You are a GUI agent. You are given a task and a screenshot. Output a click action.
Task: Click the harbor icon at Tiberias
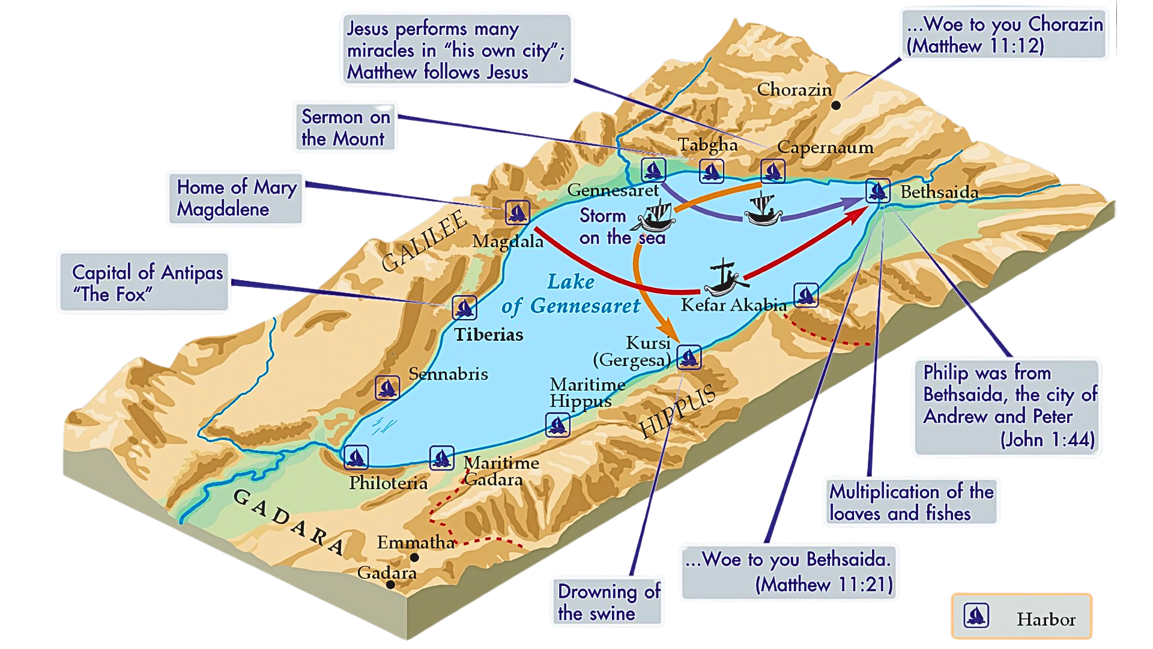[x=464, y=308]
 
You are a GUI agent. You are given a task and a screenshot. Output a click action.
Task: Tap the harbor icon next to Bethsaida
[x=878, y=191]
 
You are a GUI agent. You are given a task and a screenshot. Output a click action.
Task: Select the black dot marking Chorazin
[x=836, y=105]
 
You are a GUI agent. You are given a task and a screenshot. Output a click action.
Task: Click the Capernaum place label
[x=825, y=147]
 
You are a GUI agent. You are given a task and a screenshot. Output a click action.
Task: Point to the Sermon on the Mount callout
[x=345, y=127]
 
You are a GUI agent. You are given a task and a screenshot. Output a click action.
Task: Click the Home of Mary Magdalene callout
[x=236, y=198]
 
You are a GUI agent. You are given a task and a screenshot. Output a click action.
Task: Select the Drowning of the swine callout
[x=608, y=602]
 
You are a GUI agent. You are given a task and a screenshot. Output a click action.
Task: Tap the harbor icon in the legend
[x=976, y=617]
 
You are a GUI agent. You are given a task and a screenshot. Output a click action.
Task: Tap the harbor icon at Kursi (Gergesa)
[x=689, y=357]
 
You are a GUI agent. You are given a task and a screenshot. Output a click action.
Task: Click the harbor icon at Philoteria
[x=356, y=457]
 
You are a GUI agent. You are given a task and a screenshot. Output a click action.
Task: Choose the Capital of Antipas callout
[x=145, y=282]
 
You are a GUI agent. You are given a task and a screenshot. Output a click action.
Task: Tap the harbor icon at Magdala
[x=517, y=212]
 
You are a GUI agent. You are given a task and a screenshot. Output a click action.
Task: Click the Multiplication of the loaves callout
[x=910, y=502]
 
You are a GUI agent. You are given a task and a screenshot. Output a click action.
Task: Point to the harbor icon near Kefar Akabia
[x=806, y=295]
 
